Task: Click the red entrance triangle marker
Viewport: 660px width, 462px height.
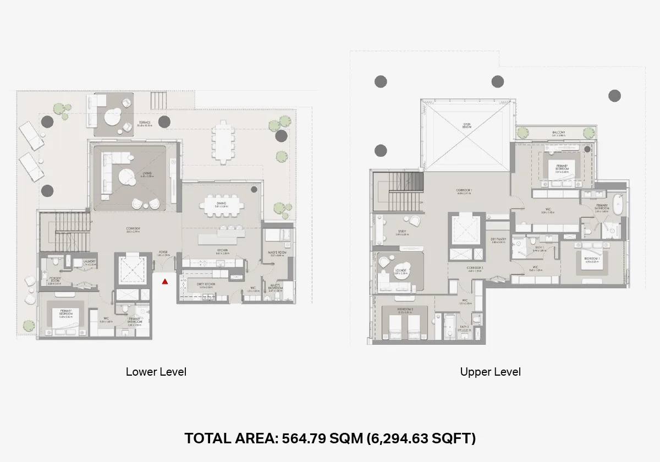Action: point(164,282)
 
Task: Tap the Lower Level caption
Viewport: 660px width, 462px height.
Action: point(156,372)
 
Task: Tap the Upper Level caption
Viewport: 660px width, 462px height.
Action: point(491,372)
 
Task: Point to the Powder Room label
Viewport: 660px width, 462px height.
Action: point(54,280)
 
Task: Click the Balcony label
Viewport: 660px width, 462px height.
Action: point(559,133)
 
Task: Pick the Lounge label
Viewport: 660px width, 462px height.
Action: point(400,271)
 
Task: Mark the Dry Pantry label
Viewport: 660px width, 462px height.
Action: point(498,239)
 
